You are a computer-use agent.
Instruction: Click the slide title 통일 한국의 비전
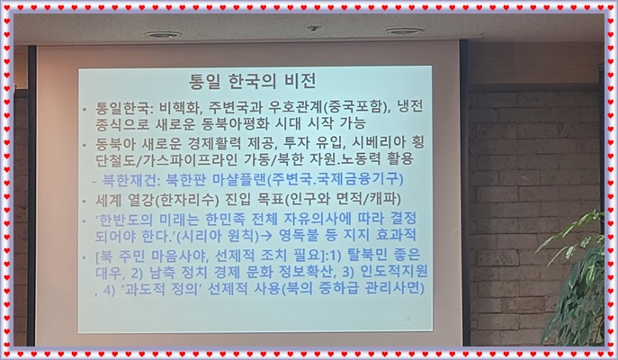253,81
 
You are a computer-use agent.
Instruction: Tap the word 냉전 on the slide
410,106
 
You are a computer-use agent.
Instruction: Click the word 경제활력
219,143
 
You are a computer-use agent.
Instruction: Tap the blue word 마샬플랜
239,179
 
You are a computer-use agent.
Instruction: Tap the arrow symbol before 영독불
267,236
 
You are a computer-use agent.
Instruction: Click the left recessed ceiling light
163,35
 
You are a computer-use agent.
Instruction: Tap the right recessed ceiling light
405,31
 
